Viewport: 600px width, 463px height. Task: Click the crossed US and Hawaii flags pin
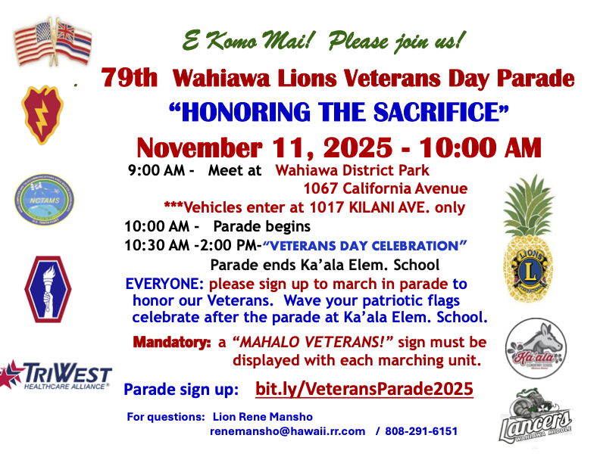coord(53,42)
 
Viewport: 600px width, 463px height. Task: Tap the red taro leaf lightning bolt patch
coord(42,114)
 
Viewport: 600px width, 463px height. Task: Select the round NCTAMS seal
coord(45,200)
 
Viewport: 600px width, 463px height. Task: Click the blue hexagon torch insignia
coord(48,289)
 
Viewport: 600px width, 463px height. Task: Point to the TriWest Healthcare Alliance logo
coord(56,375)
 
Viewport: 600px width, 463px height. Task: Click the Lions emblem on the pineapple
coord(530,271)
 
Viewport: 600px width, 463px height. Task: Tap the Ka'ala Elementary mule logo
coord(536,349)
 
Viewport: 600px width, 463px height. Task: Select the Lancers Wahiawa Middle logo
coord(536,417)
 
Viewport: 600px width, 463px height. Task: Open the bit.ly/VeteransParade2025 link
coord(364,389)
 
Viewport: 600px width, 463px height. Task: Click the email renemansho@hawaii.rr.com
coord(287,431)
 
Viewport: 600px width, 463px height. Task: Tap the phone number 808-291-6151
coord(421,431)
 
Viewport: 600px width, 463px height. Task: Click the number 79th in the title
coord(130,78)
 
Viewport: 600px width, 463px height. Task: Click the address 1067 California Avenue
coord(386,188)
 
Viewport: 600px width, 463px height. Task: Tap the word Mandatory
coord(172,342)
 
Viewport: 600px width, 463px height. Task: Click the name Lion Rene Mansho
coord(262,417)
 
